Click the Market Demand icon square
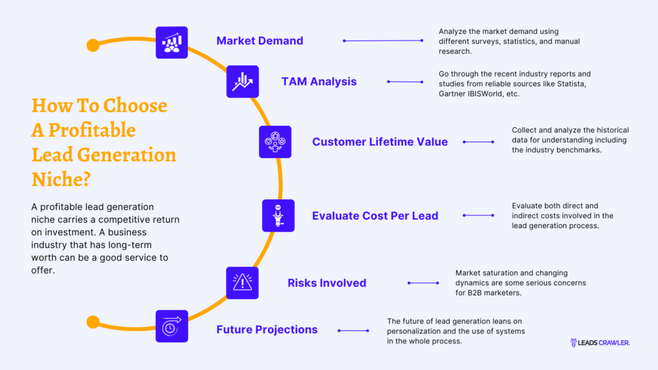[172, 42]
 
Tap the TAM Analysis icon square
[242, 82]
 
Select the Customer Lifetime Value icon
[275, 142]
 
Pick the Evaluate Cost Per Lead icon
[278, 215]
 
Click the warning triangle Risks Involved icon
[242, 283]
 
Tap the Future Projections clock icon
[172, 326]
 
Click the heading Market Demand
[260, 41]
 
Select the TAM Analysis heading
[319, 82]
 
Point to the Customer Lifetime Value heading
[380, 142]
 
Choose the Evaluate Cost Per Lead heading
[375, 216]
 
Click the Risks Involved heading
[326, 283]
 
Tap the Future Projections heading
[267, 330]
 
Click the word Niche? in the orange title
[61, 179]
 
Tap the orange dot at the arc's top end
[93, 45]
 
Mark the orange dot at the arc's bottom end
[93, 322]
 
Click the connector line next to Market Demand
[383, 41]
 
